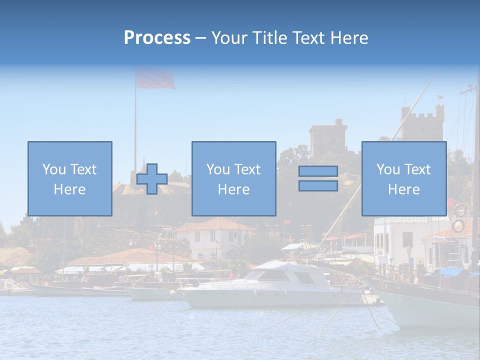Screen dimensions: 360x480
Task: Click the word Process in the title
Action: (157, 38)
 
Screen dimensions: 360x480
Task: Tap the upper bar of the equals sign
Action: (318, 171)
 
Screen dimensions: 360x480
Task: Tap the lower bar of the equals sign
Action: (318, 186)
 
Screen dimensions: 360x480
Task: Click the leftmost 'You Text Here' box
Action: (70, 178)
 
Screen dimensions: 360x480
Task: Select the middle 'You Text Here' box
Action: (233, 178)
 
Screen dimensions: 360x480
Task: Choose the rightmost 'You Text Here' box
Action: (403, 178)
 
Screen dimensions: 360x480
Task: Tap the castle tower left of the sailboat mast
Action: (327, 137)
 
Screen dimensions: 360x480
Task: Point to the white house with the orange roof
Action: (215, 237)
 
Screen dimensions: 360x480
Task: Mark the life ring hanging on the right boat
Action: (458, 226)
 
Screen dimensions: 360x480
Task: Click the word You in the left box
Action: (53, 169)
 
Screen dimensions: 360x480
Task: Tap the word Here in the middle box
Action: (233, 189)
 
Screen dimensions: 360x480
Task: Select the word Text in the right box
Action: (416, 169)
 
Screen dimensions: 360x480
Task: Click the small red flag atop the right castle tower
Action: (440, 97)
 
